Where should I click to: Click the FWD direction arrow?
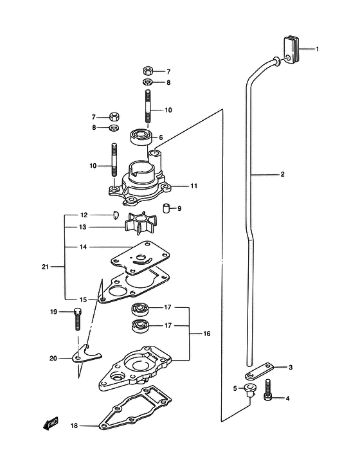pyautogui.click(x=51, y=424)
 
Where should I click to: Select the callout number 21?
pyautogui.click(x=45, y=267)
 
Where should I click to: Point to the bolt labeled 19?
pyautogui.click(x=77, y=319)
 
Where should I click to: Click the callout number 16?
pyautogui.click(x=207, y=334)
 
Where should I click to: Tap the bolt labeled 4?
pyautogui.click(x=267, y=390)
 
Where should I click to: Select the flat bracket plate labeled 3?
pyautogui.click(x=259, y=372)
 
